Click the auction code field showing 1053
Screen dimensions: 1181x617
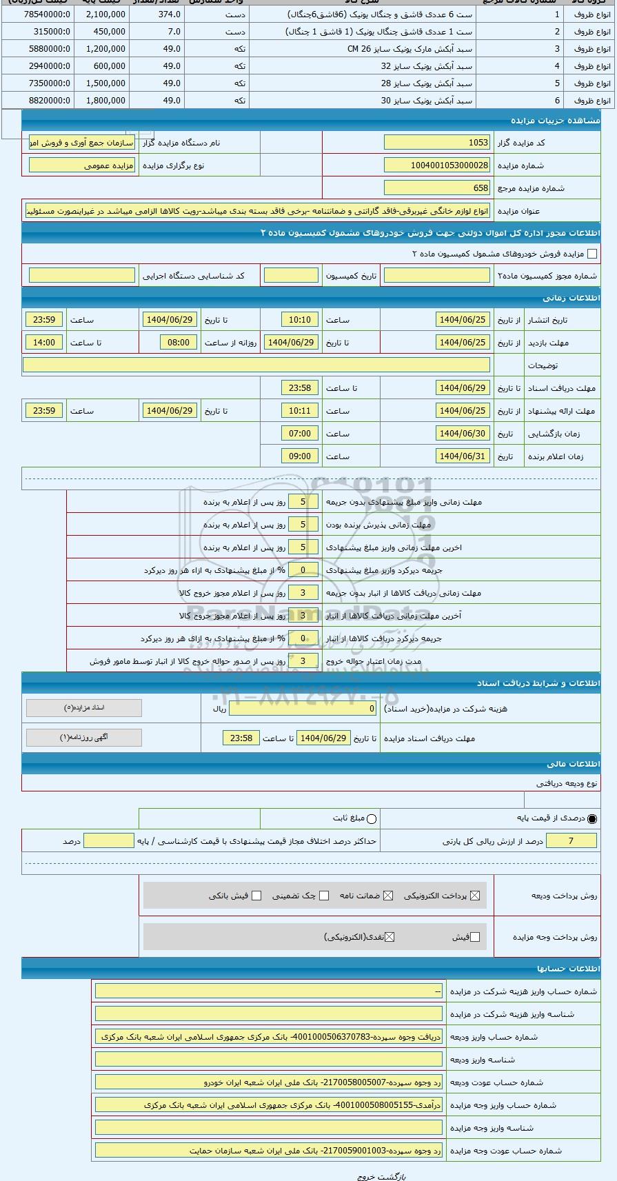436,143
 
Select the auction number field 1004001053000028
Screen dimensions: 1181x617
436,165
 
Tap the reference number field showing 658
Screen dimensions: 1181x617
436,188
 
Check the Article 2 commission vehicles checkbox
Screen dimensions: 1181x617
591,254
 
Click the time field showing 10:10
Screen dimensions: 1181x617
300,320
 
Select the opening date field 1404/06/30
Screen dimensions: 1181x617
463,434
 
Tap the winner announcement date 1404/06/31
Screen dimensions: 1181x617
463,456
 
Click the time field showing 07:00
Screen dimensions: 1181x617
300,434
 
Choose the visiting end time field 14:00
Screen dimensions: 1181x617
44,343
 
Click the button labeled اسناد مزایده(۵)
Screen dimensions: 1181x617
84,708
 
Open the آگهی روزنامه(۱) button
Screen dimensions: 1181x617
84,738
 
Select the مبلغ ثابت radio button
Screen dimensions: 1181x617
372,819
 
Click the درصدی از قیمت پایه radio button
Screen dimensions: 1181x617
592,819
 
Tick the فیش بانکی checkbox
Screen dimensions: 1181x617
256,896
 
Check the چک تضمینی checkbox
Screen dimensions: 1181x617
324,896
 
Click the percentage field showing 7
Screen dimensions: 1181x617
571,841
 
